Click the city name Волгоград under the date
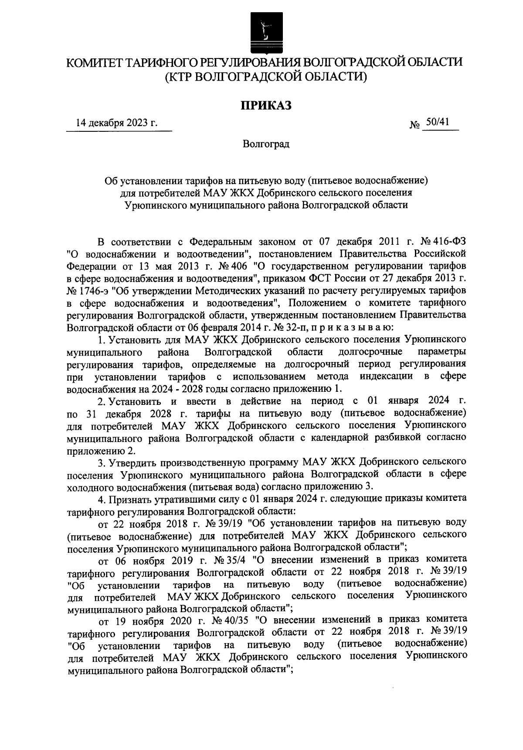point(266,144)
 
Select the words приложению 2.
point(104,450)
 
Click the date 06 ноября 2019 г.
point(153,559)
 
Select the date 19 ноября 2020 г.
point(153,620)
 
